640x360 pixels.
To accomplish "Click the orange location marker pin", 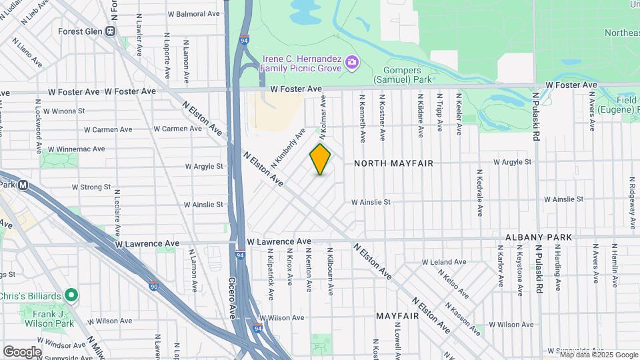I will [320, 159].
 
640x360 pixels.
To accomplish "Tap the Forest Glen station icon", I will [111, 31].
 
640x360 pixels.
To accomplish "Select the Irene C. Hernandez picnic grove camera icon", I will [352, 64].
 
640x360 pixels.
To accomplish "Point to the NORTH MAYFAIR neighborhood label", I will [393, 163].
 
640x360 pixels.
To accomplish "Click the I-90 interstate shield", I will [153, 285].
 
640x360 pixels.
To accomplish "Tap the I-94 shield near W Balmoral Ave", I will [245, 39].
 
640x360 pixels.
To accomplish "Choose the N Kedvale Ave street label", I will [479, 192].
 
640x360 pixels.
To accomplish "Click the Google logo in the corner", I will [22, 352].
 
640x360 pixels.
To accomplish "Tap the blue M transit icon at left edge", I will [23, 185].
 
